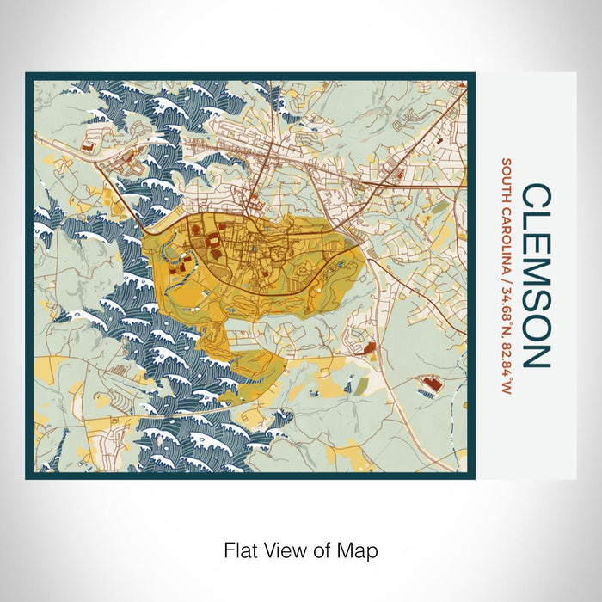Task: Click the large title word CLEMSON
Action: click(x=535, y=275)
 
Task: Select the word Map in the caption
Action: click(x=361, y=549)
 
